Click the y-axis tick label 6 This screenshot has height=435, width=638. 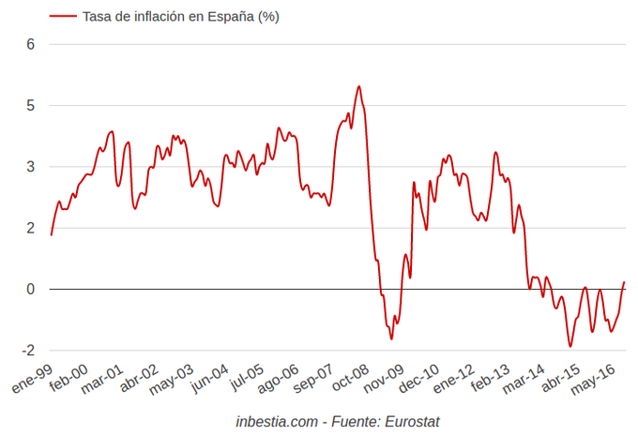(30, 44)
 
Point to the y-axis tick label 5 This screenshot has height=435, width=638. (30, 105)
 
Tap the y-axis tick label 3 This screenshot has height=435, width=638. (30, 167)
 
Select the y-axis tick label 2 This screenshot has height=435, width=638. (30, 228)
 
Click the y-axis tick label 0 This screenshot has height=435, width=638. (30, 289)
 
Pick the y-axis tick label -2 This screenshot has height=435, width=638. (27, 351)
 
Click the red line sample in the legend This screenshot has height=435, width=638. (62, 16)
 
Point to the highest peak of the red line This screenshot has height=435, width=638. (358, 86)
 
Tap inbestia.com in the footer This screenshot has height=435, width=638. (278, 422)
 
